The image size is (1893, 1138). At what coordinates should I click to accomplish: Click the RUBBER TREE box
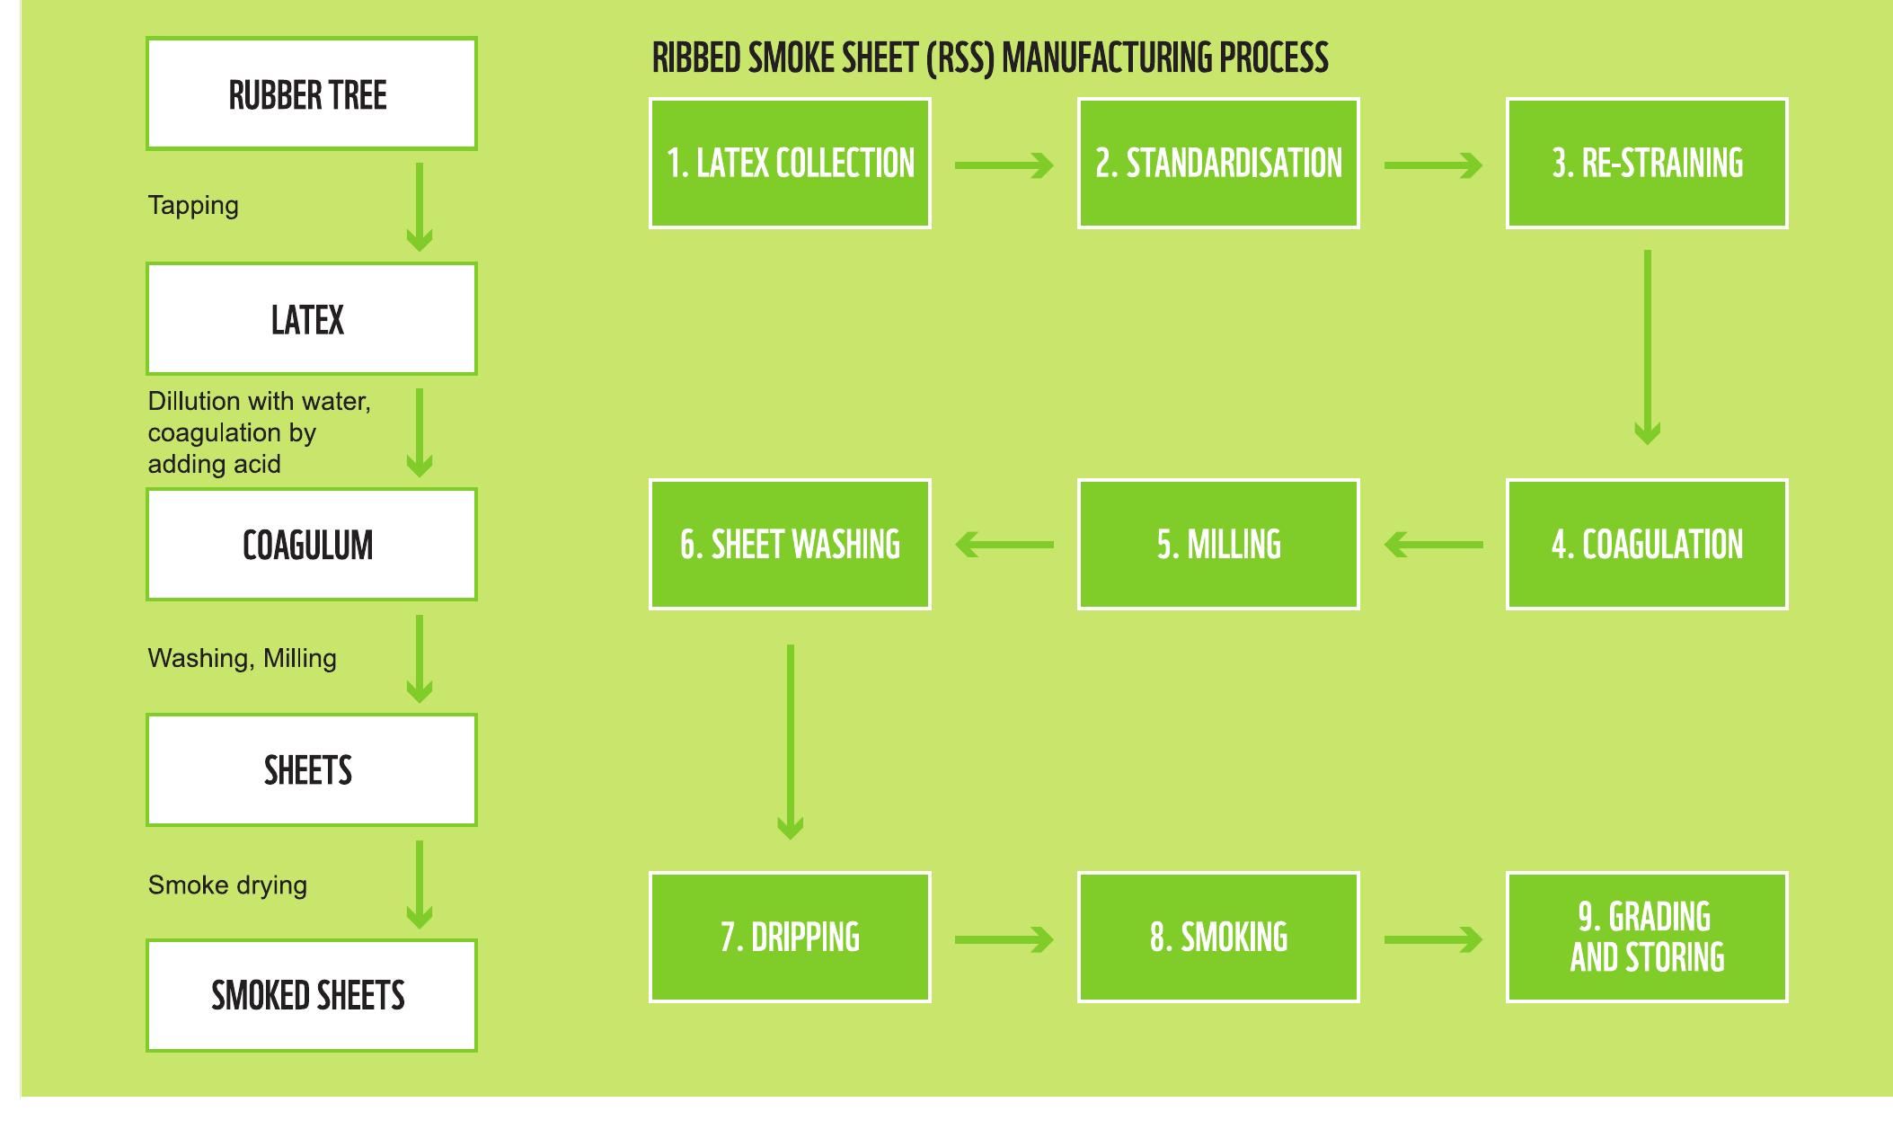click(311, 93)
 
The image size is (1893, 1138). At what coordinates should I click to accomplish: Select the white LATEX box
click(311, 319)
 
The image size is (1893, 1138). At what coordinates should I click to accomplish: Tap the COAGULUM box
click(311, 545)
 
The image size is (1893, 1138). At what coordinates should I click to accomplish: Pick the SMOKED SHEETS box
click(311, 995)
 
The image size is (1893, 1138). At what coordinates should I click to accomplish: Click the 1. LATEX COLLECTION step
click(790, 163)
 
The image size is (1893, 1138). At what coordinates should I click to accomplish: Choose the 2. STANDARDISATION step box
click(1218, 163)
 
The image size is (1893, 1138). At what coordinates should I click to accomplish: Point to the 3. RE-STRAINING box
click(1647, 163)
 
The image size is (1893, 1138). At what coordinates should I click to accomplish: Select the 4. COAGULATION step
click(1647, 545)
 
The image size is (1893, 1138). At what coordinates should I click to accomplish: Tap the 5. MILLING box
click(1218, 545)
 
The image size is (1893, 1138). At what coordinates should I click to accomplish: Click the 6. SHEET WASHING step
click(790, 545)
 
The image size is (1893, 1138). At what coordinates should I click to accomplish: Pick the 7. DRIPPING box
click(790, 937)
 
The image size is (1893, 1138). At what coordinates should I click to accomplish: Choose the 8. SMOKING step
click(1218, 937)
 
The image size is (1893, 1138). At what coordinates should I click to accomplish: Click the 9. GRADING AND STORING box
click(1647, 937)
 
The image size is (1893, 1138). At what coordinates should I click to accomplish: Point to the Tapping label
click(193, 206)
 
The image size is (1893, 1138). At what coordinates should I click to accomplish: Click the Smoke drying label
click(227, 885)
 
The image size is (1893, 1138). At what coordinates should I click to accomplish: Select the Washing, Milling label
click(242, 659)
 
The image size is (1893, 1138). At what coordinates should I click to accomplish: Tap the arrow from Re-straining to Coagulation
click(1647, 346)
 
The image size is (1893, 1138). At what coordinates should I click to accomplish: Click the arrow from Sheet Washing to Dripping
click(790, 742)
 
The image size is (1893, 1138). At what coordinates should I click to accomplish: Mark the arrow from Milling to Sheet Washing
click(1004, 545)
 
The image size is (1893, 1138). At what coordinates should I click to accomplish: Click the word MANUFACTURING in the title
click(1107, 58)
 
